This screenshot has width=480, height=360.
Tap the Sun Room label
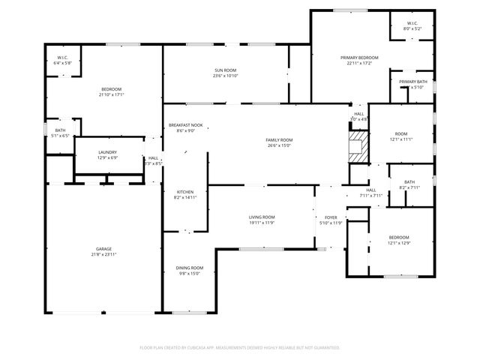pos(225,70)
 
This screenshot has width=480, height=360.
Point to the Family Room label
pos(279,140)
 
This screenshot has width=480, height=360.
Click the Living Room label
pos(262,217)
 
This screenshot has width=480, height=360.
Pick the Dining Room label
pos(189,268)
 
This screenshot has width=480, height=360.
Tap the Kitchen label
pos(184,191)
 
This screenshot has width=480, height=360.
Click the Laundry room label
pos(107,152)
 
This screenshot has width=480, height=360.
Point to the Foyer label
pos(331,217)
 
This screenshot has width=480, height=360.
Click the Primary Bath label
pos(412,82)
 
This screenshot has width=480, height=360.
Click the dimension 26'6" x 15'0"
pos(279,146)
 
